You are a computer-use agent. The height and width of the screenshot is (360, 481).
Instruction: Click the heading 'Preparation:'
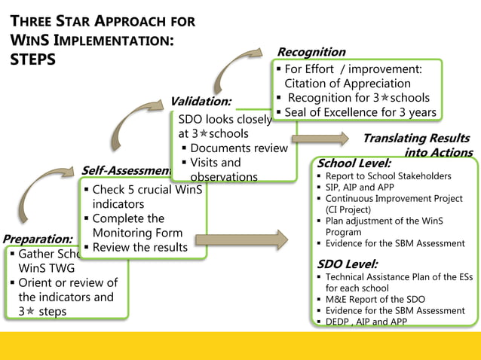(x=38, y=239)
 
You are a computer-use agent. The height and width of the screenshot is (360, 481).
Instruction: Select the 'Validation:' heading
(x=201, y=101)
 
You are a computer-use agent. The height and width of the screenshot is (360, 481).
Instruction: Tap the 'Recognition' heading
(x=311, y=52)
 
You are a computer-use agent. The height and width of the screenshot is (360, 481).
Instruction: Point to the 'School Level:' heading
(x=354, y=163)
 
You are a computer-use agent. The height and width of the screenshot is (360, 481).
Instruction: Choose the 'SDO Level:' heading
(x=348, y=264)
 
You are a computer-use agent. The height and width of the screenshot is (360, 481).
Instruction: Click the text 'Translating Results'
(x=415, y=139)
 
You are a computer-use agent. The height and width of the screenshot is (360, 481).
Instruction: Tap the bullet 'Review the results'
(x=139, y=247)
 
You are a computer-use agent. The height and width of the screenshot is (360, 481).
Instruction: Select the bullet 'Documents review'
(x=239, y=148)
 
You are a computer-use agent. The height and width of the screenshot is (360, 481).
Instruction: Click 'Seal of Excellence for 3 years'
(x=360, y=112)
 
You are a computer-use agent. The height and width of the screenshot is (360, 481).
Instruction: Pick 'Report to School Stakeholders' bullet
(x=388, y=176)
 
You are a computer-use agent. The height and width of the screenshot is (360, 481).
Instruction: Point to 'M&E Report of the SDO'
(x=375, y=299)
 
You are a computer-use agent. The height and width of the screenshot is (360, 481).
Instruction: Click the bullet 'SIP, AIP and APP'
(x=359, y=188)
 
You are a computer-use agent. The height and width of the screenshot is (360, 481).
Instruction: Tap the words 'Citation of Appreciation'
(x=348, y=83)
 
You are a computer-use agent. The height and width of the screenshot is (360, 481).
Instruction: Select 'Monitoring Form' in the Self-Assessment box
(x=137, y=233)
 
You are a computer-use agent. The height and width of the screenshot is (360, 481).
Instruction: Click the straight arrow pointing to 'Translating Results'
(x=320, y=139)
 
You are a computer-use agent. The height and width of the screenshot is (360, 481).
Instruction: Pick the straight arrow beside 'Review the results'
(x=241, y=239)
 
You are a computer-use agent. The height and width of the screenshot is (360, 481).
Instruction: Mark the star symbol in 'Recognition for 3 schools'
(x=384, y=98)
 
